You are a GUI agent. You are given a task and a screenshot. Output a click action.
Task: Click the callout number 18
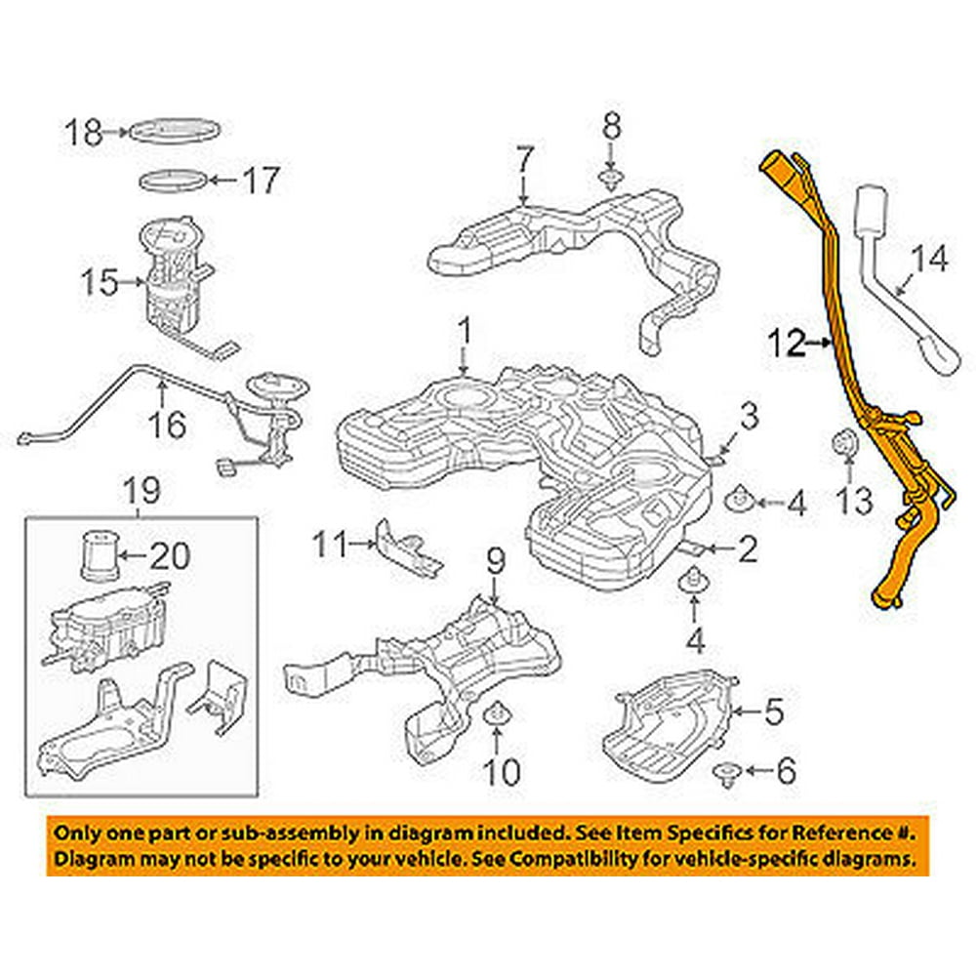84,132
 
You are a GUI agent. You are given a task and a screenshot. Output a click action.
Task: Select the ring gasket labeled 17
173,182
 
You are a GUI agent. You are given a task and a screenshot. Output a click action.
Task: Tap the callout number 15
99,283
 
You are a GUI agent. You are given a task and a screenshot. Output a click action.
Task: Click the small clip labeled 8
610,178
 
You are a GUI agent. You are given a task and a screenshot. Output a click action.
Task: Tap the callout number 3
748,418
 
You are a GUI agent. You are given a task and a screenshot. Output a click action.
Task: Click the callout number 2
747,550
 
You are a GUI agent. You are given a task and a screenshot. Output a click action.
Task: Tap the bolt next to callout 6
726,773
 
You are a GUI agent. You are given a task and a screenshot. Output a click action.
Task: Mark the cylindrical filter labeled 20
98,557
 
